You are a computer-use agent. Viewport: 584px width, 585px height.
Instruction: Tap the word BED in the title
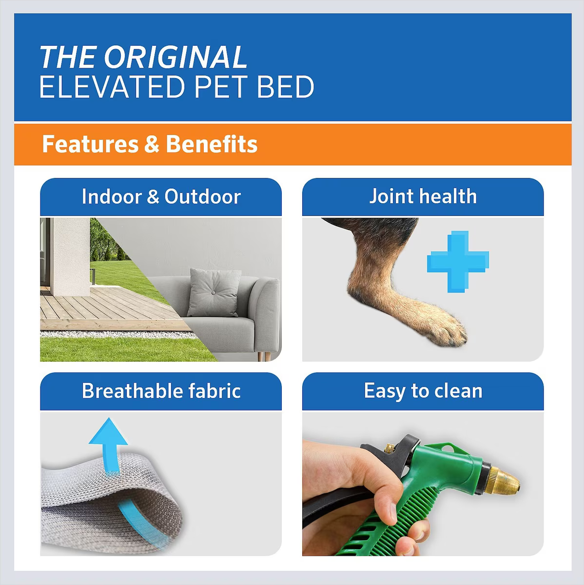coord(286,87)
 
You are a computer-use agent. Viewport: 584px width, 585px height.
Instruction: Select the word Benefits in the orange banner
coord(212,144)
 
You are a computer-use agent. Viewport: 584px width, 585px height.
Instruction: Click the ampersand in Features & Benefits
coord(152,144)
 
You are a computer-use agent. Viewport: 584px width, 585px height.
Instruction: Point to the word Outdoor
coord(203,196)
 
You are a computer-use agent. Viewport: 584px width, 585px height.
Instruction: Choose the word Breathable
coord(132,390)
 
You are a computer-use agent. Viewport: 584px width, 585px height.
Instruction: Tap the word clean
coord(458,391)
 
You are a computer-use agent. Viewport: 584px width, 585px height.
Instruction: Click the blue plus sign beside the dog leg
coord(458,262)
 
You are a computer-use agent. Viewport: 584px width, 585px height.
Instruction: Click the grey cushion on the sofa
coord(214,292)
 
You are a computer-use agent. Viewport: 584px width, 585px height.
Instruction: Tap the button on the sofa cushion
coord(214,292)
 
